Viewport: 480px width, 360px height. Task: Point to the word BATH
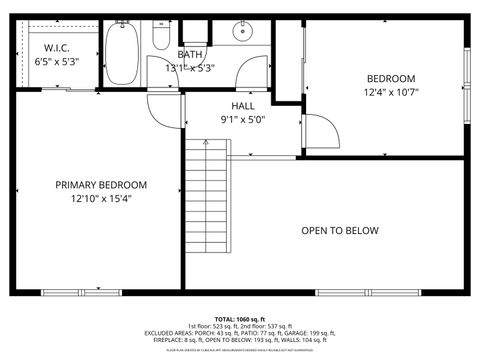pyautogui.click(x=190, y=54)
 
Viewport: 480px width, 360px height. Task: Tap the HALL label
pyautogui.click(x=243, y=104)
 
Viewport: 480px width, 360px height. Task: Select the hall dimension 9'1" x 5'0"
pyautogui.click(x=243, y=118)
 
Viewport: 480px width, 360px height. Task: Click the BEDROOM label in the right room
pyautogui.click(x=390, y=79)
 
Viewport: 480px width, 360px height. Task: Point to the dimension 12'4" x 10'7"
pyautogui.click(x=390, y=93)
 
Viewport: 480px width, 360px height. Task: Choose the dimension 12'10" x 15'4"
pyautogui.click(x=101, y=199)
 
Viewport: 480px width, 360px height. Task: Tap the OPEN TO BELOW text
pyautogui.click(x=340, y=231)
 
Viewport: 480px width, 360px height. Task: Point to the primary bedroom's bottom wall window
pyautogui.click(x=71, y=292)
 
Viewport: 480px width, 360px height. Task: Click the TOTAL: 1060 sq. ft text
pyautogui.click(x=240, y=318)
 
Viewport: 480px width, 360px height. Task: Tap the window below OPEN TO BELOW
pyautogui.click(x=349, y=292)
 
